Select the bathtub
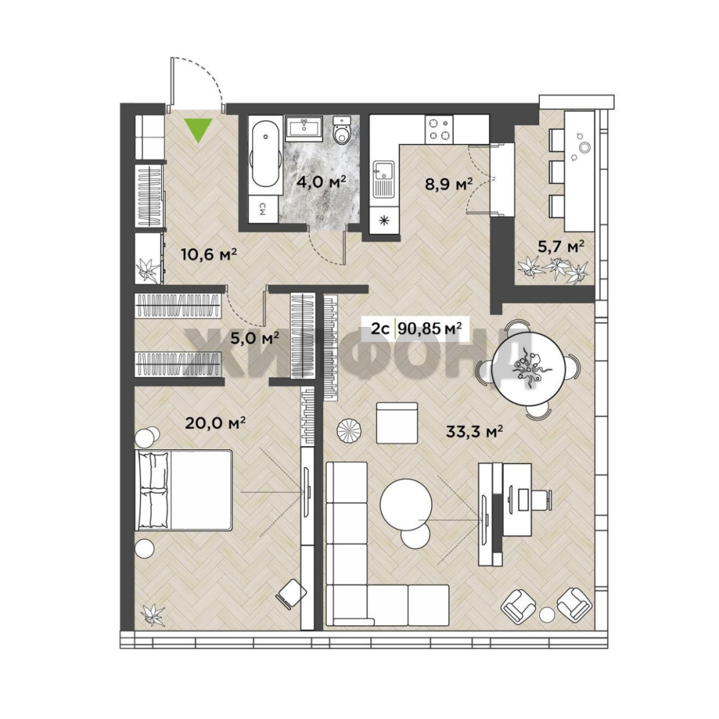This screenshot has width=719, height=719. click(x=265, y=154)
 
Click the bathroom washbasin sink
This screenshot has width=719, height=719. click(x=304, y=127)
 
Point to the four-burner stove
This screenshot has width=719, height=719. click(x=439, y=128)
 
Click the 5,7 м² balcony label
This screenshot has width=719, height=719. click(x=561, y=247)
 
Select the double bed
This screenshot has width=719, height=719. click(x=184, y=490)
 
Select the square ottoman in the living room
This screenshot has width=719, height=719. click(x=397, y=423)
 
